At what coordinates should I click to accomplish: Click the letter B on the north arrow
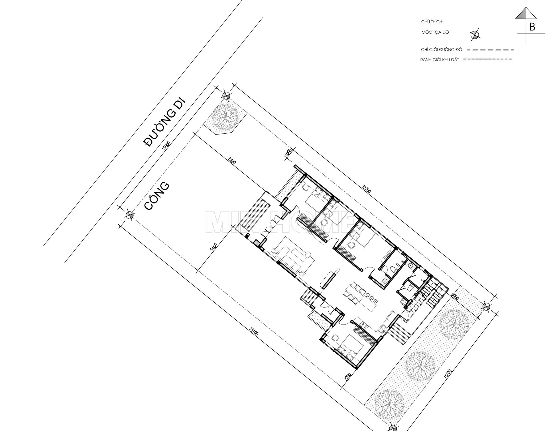pyautogui.click(x=532, y=27)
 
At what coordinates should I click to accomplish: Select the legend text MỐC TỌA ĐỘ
pyautogui.click(x=435, y=32)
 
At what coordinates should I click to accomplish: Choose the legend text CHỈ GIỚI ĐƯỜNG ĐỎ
pyautogui.click(x=441, y=50)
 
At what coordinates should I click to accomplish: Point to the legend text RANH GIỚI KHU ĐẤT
pyautogui.click(x=439, y=60)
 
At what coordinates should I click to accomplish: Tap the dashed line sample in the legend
pyautogui.click(x=490, y=50)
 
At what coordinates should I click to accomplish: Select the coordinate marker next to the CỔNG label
pyautogui.click(x=130, y=214)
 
